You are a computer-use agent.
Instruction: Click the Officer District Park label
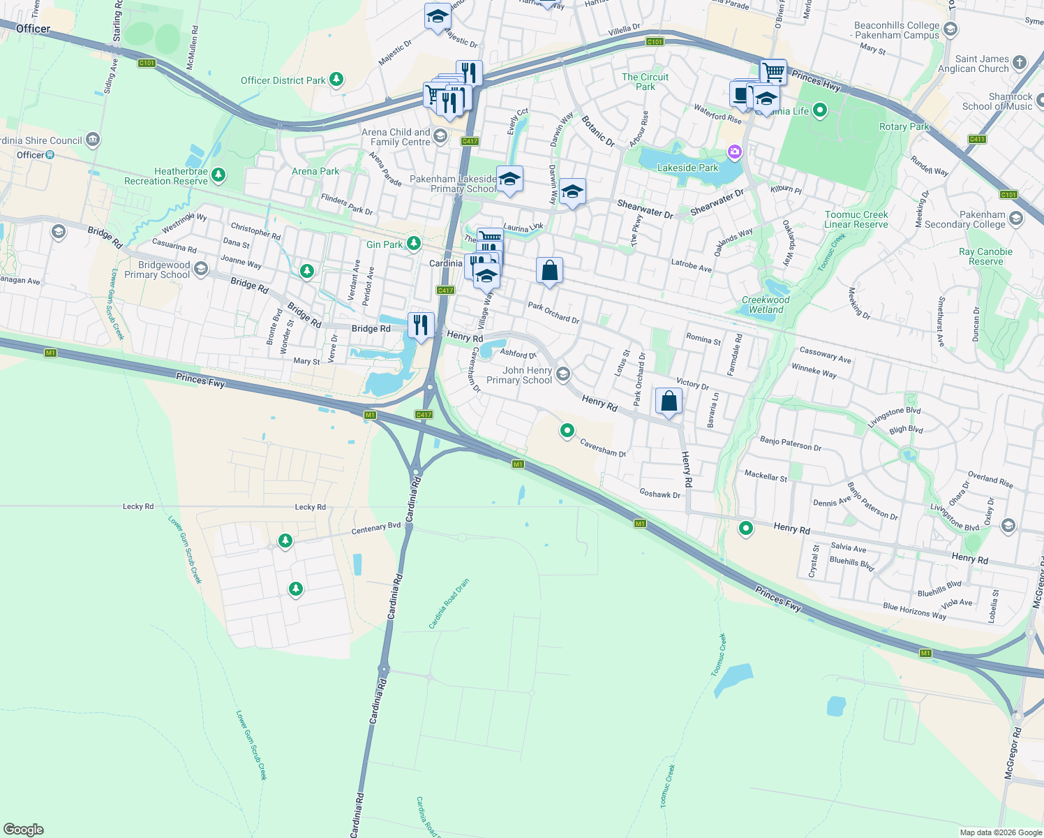pos(283,80)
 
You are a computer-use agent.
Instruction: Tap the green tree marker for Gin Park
pos(414,243)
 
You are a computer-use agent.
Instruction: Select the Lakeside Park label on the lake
pos(687,168)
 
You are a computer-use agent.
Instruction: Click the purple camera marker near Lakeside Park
pos(734,151)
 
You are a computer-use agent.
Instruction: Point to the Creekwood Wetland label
pos(766,304)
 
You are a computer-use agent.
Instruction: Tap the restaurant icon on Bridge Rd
pos(420,325)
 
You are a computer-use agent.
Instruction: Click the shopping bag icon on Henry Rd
pos(669,401)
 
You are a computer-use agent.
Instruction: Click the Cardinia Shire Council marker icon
pos(93,140)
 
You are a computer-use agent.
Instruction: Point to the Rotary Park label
pos(904,126)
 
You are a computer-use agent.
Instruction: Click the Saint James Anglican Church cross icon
pos(1019,62)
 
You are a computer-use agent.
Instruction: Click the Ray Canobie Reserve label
pos(985,256)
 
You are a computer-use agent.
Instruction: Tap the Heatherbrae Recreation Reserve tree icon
pos(218,175)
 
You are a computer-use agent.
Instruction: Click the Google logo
pos(24,829)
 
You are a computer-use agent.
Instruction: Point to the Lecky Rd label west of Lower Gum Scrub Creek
pos(137,506)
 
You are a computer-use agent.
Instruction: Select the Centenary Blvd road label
pos(376,529)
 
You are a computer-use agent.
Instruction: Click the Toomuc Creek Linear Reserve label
pos(856,219)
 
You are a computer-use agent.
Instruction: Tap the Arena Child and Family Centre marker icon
pos(440,135)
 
